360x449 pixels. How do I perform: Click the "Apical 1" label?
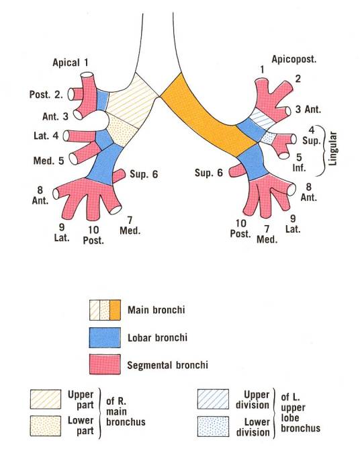click(x=71, y=63)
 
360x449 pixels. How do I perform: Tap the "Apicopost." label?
click(x=294, y=59)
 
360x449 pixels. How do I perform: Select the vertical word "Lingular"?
click(x=332, y=149)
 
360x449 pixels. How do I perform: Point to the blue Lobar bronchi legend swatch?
click(x=105, y=338)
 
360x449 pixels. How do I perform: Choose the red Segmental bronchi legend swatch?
click(x=105, y=364)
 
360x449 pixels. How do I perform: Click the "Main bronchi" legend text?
click(x=156, y=310)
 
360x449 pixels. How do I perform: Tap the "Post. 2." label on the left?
click(x=46, y=95)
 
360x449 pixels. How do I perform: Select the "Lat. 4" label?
click(x=46, y=136)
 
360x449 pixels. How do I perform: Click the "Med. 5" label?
click(x=48, y=161)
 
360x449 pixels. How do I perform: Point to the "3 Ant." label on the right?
click(x=308, y=109)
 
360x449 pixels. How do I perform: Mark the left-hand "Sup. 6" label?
click(x=144, y=174)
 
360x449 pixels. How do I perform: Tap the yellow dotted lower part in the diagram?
click(x=123, y=130)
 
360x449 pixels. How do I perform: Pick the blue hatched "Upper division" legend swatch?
click(x=213, y=399)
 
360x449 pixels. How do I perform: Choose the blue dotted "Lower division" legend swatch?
click(x=213, y=426)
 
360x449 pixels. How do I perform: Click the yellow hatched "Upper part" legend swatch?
click(x=46, y=399)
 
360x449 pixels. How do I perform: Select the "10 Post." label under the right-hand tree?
click(x=240, y=229)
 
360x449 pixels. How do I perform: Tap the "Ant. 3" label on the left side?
click(x=55, y=116)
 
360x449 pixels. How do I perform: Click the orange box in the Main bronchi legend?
click(x=116, y=310)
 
